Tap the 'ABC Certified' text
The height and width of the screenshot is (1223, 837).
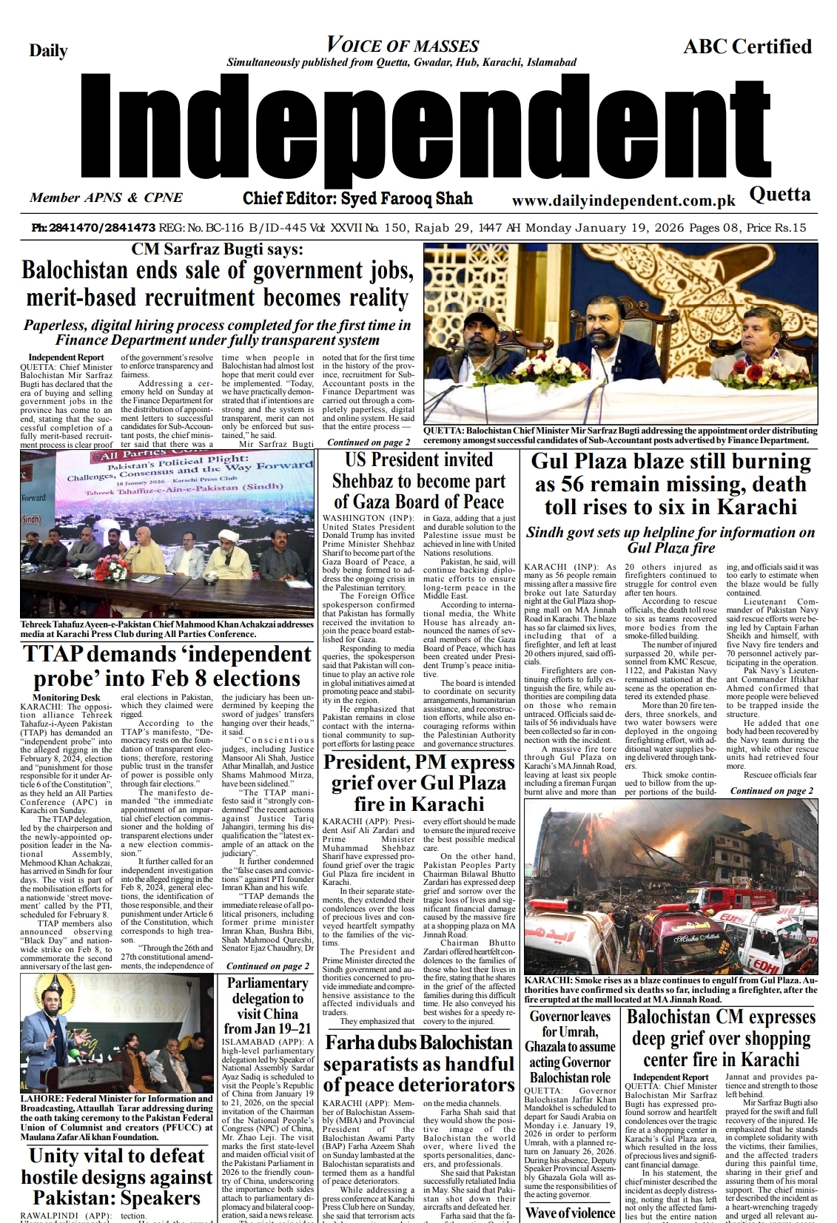747,47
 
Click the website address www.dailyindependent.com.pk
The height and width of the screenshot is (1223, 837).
623,201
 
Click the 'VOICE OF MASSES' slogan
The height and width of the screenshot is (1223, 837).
403,46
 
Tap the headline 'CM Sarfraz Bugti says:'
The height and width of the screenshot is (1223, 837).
217,250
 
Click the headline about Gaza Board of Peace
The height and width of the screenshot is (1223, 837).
419,481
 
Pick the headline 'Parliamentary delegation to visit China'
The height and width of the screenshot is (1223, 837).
267,1005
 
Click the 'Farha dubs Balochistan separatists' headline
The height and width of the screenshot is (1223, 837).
418,1064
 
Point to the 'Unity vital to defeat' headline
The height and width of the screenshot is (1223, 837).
116,1176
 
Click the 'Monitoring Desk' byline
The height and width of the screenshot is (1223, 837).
66,698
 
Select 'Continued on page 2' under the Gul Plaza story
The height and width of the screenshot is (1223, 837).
771,791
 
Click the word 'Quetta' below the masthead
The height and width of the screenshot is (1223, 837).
779,194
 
